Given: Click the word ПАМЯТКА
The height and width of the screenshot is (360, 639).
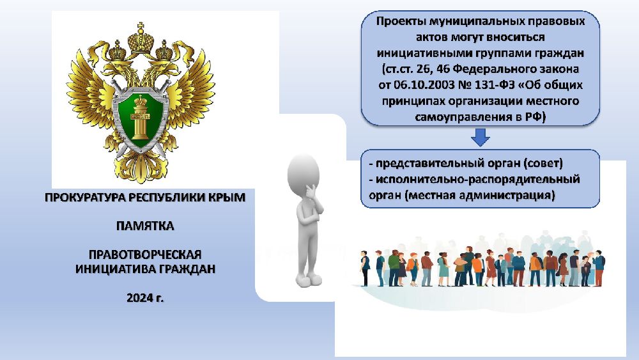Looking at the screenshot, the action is click(145, 226).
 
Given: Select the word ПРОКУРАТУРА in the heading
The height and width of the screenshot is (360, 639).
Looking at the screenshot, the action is click(85, 198).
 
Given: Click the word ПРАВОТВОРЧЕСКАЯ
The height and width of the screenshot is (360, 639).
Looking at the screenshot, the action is click(145, 254).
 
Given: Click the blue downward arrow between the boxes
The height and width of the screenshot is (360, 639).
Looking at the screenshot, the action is click(480, 137).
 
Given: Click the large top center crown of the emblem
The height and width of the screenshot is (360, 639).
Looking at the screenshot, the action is click(141, 39).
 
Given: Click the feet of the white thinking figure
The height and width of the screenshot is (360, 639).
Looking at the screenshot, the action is click(309, 281).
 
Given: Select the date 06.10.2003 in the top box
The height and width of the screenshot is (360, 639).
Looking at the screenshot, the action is click(422, 85).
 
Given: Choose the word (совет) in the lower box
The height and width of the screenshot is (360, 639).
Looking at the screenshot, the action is click(543, 164).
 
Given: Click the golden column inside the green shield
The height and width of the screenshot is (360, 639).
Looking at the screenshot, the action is click(140, 118).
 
